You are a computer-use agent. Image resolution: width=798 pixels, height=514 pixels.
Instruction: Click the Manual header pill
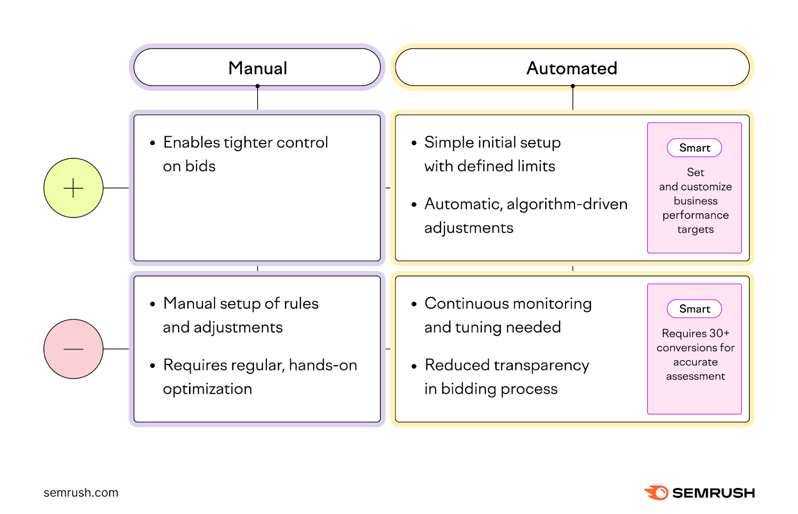[x=257, y=68]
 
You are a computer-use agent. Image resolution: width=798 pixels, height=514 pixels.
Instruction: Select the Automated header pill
[x=572, y=68]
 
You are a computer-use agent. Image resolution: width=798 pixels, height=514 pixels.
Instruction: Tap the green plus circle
[x=73, y=188]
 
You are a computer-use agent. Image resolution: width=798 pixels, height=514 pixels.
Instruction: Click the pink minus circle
[x=73, y=349]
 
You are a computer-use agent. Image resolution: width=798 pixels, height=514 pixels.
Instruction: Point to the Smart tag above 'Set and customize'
[x=694, y=148]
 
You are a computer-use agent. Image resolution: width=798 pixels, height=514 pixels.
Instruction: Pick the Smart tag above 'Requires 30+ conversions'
[x=694, y=309]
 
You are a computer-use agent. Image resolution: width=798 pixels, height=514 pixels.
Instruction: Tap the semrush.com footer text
[x=81, y=493]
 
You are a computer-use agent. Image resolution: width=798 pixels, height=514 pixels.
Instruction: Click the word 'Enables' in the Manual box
[x=192, y=143]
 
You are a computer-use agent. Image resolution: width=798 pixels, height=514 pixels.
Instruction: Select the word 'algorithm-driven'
[x=567, y=204]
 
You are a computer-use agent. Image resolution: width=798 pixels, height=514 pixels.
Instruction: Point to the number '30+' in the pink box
[x=719, y=333]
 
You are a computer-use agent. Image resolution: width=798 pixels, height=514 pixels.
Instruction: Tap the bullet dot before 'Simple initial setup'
[x=414, y=143]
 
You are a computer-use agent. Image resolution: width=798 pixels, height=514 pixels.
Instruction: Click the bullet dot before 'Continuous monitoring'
[x=414, y=304]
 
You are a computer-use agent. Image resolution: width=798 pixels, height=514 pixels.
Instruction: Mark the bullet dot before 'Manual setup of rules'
[x=153, y=304]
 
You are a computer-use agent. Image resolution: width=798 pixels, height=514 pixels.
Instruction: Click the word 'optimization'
[x=207, y=389]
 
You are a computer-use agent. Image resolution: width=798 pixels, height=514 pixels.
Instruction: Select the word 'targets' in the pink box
[x=695, y=230]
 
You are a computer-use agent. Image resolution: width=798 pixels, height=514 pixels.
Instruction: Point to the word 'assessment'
[x=695, y=376]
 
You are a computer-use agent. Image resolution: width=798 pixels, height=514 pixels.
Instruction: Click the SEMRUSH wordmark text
[x=713, y=493]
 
